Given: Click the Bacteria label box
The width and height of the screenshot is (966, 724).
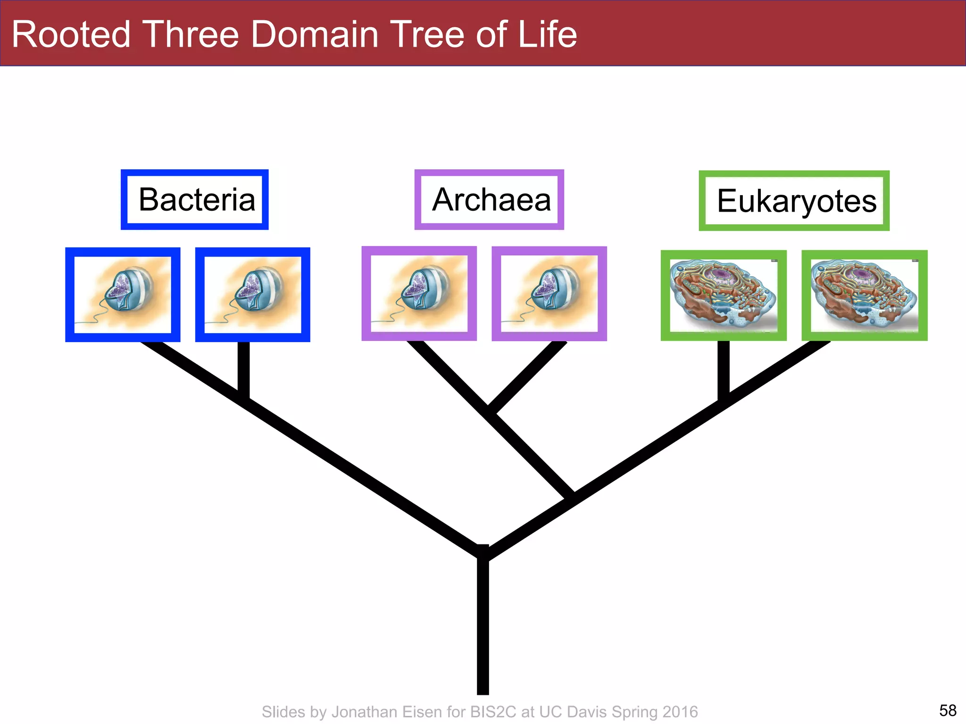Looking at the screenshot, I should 194,199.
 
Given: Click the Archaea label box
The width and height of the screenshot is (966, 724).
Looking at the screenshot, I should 489,199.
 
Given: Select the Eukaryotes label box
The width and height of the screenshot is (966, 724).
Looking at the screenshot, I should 794,201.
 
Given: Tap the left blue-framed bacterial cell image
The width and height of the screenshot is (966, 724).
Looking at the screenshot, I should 123,295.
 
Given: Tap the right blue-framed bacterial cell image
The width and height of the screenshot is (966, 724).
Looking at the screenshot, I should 252,295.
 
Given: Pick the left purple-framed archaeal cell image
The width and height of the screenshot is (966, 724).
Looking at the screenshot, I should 419,293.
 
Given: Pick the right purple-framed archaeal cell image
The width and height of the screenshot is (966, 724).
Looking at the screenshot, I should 549,293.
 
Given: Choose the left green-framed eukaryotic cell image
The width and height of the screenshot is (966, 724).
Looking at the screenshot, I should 724,295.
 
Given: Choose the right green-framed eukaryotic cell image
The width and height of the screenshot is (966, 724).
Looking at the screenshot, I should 864,295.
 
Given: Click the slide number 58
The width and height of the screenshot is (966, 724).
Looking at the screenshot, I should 948,710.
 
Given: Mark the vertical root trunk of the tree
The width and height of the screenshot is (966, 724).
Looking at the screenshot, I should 483,627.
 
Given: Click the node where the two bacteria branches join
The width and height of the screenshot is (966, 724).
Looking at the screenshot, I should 243,398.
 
